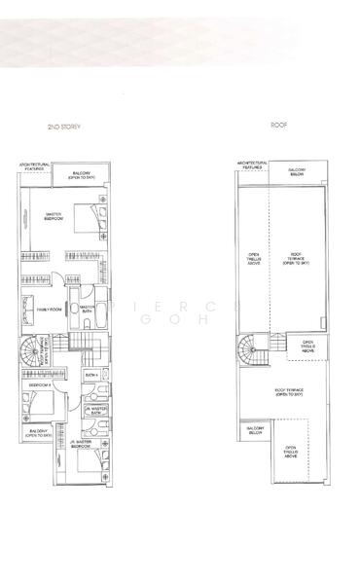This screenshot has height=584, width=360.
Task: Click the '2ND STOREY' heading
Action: [x=63, y=127]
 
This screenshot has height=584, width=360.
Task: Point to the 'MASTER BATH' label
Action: [x=87, y=310]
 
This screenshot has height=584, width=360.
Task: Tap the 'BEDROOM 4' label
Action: [x=40, y=385]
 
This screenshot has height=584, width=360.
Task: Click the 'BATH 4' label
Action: [x=90, y=374]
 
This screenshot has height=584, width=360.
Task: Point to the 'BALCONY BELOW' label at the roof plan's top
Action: [x=297, y=171]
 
